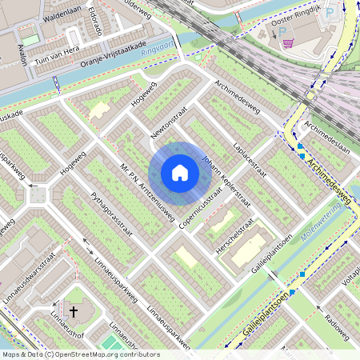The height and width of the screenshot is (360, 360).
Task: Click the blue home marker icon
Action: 180,172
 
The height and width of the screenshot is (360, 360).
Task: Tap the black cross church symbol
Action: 74,310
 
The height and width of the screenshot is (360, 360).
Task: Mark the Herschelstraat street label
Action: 235,238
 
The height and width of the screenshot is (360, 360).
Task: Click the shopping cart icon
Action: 290,43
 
